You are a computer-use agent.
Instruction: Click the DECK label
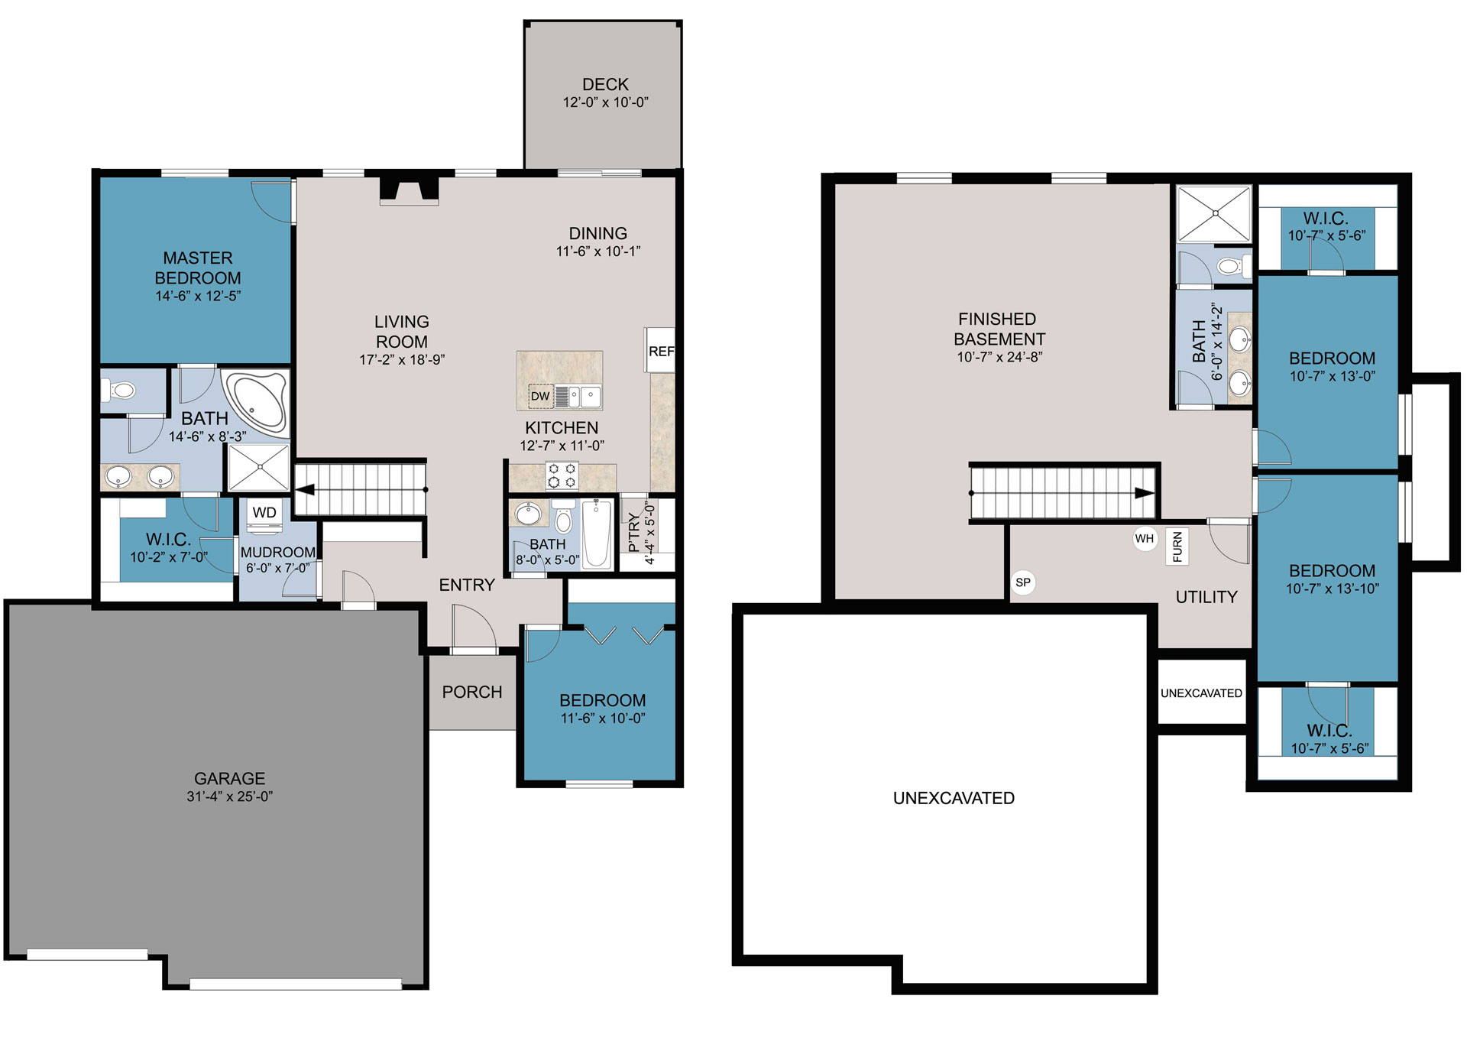click(605, 84)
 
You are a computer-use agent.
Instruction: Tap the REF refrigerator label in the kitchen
click(661, 352)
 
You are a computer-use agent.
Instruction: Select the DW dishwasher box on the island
click(540, 396)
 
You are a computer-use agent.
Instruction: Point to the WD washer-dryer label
click(264, 512)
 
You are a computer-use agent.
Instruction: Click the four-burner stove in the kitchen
click(562, 475)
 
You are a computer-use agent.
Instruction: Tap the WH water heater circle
click(1144, 539)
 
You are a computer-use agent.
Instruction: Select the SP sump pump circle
click(1022, 582)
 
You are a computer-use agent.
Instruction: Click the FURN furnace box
click(1177, 547)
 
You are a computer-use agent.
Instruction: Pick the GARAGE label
click(229, 778)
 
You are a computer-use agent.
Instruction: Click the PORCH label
click(472, 692)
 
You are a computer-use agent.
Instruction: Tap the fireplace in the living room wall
click(410, 191)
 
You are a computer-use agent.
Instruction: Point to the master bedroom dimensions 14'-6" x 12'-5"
click(198, 296)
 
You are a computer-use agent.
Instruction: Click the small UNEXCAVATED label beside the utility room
click(1201, 693)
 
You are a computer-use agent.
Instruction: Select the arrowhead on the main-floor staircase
click(303, 490)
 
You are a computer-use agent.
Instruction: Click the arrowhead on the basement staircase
click(1145, 493)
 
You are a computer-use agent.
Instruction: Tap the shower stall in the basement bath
click(1215, 214)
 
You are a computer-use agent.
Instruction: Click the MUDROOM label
click(277, 552)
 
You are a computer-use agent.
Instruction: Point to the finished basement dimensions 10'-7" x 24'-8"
click(999, 357)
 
